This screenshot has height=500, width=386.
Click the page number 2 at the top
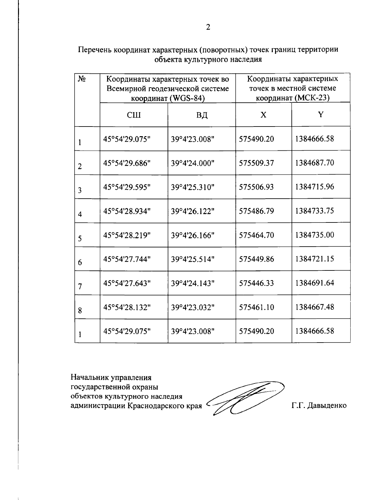tap(208, 27)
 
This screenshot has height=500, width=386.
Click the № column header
tap(81, 79)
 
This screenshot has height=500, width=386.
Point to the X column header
tap(263, 115)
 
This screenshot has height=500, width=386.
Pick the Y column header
tap(320, 115)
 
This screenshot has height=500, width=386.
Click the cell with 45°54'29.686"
tap(127, 163)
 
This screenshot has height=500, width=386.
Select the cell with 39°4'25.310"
tap(193, 187)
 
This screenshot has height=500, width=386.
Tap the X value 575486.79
tap(256, 211)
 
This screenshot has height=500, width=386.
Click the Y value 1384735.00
tap(315, 235)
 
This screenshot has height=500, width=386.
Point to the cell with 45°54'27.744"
tap(127, 259)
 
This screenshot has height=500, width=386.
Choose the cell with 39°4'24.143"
tap(193, 283)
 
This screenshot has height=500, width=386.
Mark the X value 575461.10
tap(256, 307)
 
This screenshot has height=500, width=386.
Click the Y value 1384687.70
tap(315, 163)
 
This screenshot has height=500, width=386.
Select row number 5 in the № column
tap(79, 239)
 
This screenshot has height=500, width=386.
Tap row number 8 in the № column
tap(79, 311)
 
